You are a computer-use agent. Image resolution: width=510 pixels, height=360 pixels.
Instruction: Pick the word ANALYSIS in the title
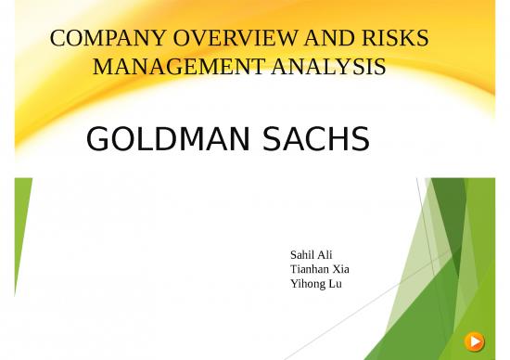tap(329, 67)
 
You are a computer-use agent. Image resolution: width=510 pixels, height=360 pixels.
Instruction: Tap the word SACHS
tap(312, 139)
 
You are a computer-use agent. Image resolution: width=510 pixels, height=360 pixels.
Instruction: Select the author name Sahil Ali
tap(311, 254)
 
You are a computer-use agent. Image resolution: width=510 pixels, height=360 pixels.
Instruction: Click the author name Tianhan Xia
tap(319, 269)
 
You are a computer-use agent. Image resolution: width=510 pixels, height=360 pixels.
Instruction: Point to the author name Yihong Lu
tap(315, 283)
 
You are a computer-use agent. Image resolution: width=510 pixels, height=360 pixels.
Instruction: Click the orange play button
tap(474, 341)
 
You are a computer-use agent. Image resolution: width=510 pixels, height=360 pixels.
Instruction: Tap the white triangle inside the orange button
tap(475, 341)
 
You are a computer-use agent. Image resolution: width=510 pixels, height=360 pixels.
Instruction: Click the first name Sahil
tap(302, 254)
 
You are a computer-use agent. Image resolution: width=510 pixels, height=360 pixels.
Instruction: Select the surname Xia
tap(339, 269)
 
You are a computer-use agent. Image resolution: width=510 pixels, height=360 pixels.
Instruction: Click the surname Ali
tap(325, 254)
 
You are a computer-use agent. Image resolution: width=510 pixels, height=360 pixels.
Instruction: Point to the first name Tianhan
tap(309, 269)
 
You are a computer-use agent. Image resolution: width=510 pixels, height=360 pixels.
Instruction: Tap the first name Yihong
tap(307, 283)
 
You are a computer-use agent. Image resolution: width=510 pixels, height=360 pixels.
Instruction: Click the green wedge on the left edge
tap(21, 223)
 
